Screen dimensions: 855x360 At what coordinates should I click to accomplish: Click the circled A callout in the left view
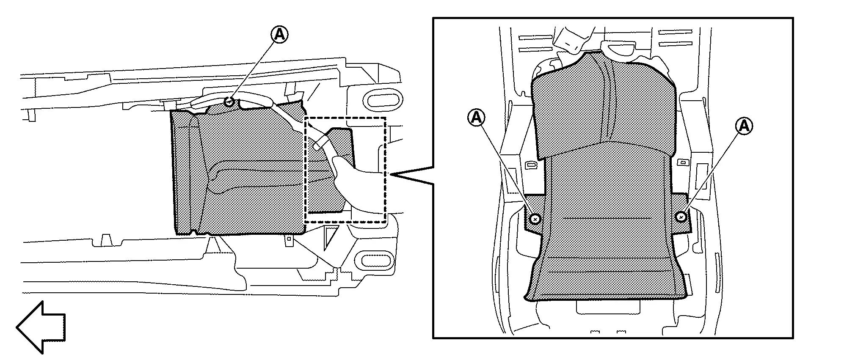click(x=279, y=35)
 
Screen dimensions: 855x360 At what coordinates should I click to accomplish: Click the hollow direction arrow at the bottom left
click(x=41, y=327)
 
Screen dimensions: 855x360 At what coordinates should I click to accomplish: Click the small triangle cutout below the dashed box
click(x=330, y=236)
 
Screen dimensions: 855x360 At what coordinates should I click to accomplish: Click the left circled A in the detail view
click(x=476, y=118)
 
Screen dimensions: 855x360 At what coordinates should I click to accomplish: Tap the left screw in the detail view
click(x=535, y=219)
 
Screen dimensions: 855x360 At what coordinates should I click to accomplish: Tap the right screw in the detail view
click(x=681, y=217)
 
